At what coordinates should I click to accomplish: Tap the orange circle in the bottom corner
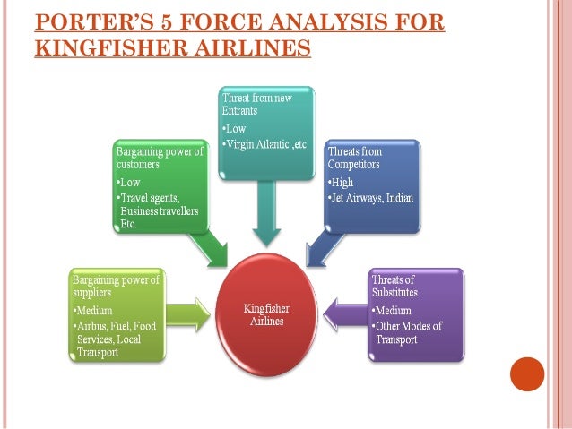click(526, 373)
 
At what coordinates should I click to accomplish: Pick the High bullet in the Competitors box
click(342, 183)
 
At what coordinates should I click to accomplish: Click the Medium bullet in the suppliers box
click(92, 311)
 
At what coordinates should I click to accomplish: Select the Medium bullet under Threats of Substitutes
click(392, 311)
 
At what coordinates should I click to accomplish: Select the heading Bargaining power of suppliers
click(116, 287)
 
